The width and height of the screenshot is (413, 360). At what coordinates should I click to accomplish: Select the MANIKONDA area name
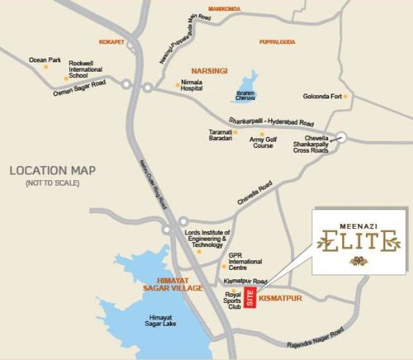(x=226, y=9)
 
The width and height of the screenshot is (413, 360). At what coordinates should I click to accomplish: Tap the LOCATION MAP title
(x=52, y=171)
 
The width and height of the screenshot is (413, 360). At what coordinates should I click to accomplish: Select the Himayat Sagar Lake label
(x=162, y=321)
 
